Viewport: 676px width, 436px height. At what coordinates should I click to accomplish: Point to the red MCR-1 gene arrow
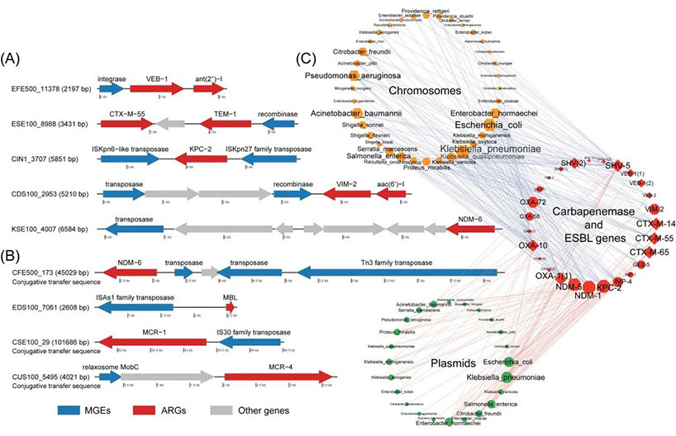tap(151, 339)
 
